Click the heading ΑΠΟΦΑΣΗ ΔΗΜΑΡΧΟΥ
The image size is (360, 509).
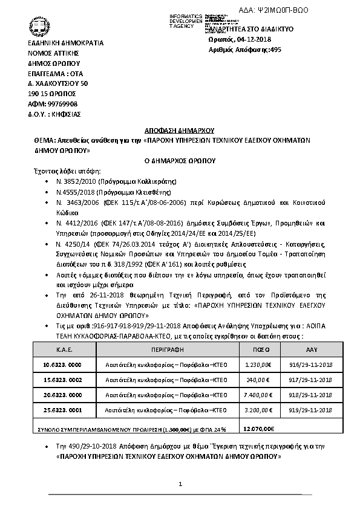click(180, 131)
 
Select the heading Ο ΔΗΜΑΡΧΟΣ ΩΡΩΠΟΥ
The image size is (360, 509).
click(180, 161)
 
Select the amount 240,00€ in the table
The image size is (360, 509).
click(256, 380)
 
